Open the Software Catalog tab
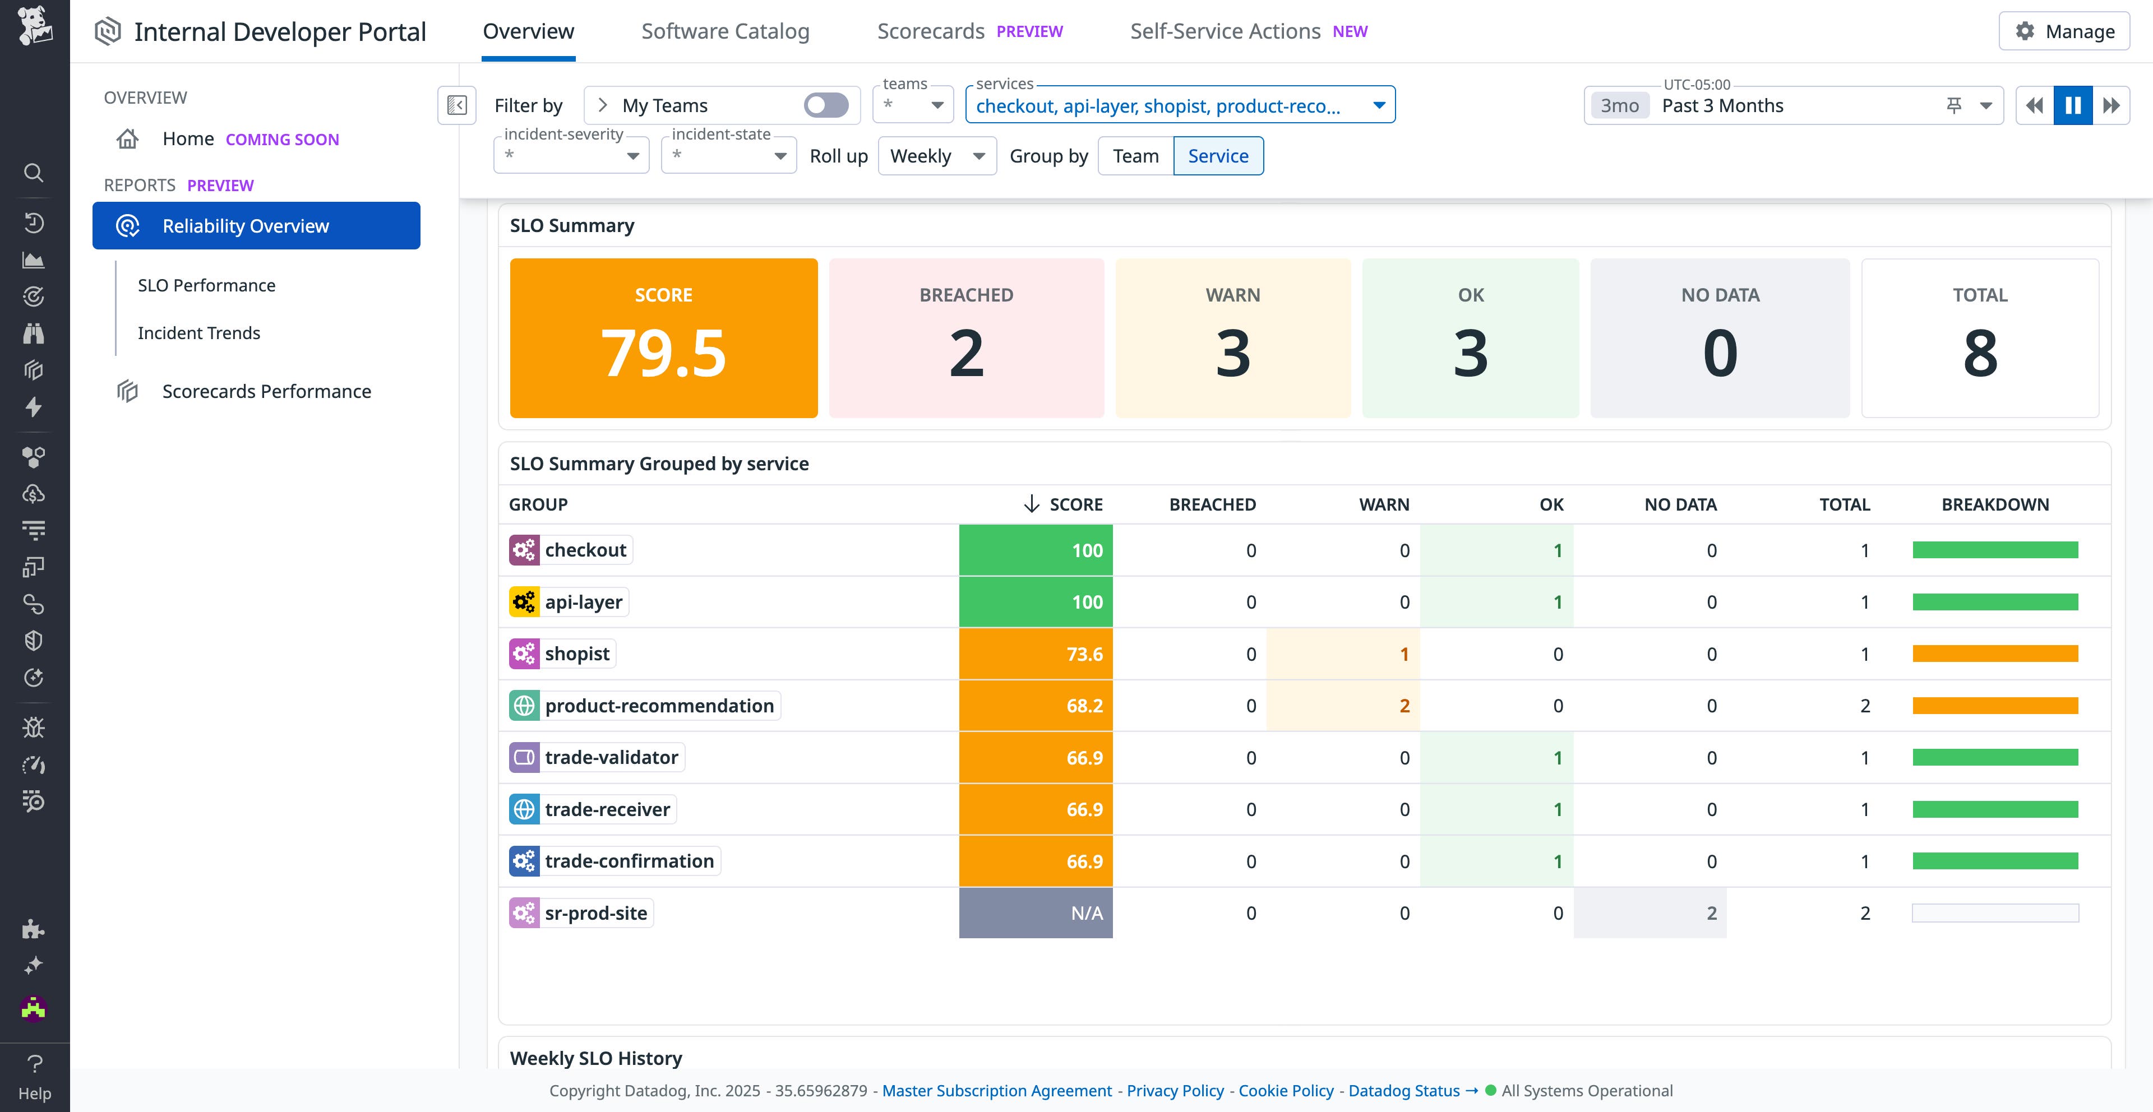pos(724,32)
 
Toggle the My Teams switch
pos(826,105)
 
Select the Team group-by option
pos(1135,156)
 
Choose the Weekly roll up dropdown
pos(937,156)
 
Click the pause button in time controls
pos(2073,105)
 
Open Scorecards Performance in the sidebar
pos(266,392)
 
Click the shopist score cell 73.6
pos(1036,654)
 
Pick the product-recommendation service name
pos(659,706)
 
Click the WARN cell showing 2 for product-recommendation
pos(1343,706)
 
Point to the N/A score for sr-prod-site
pos(1036,913)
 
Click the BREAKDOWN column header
pos(1994,504)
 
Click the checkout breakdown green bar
pos(1994,550)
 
